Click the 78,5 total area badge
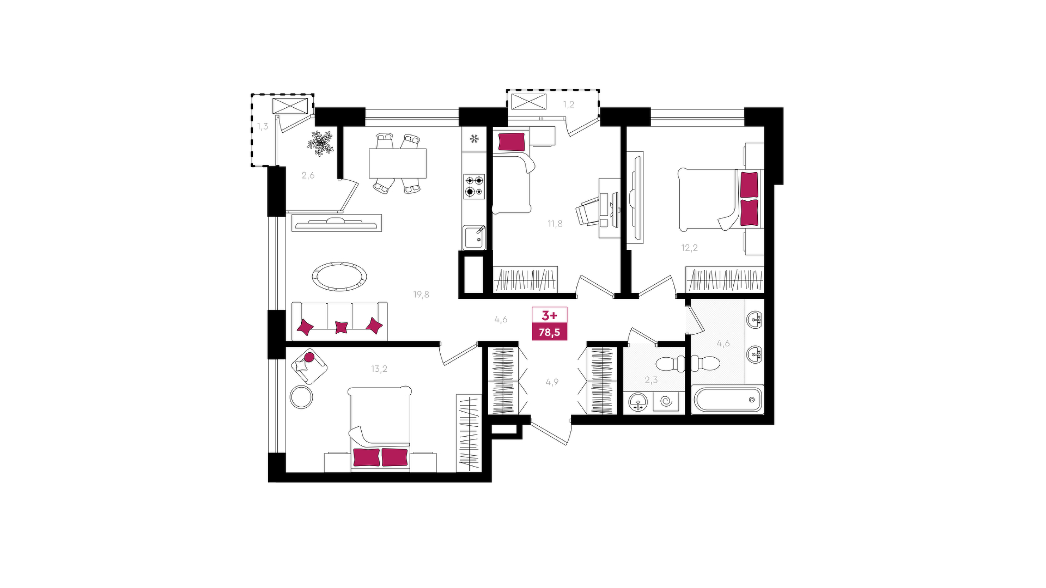549,332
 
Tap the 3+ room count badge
549,316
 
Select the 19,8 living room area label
421,295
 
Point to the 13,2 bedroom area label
379,369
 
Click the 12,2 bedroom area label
689,248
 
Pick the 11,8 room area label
555,223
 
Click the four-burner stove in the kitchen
474,186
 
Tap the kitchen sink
474,238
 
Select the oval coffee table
339,276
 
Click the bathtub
728,399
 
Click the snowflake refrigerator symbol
474,139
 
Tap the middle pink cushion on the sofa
341,327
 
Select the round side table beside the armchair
301,397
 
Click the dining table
398,163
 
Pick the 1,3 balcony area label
263,126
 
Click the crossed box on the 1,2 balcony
528,101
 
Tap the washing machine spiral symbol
666,402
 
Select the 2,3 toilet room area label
651,380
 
